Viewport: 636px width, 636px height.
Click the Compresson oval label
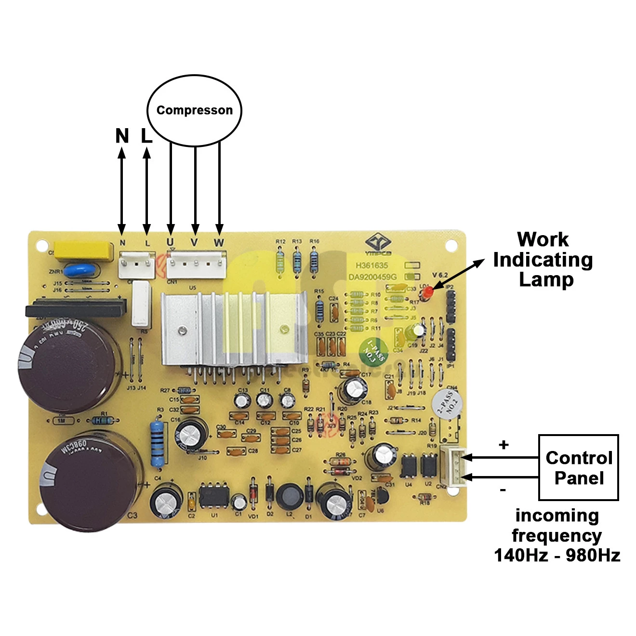coord(194,110)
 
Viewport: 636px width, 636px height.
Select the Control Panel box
coord(578,467)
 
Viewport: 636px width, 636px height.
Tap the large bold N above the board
coord(122,136)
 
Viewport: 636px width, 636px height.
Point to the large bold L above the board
coord(146,136)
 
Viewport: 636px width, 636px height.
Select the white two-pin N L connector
coord(136,265)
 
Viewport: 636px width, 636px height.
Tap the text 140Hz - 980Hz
coord(557,555)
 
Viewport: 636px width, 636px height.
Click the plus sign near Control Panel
coord(503,444)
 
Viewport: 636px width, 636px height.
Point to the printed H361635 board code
coord(371,265)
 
